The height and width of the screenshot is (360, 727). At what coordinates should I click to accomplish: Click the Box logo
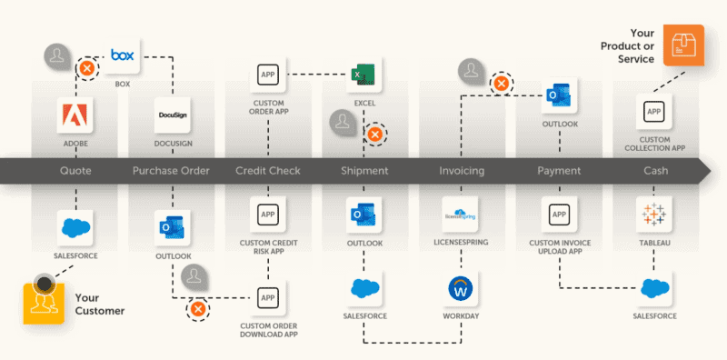(x=122, y=56)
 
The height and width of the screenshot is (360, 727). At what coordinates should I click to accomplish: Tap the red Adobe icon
(x=75, y=115)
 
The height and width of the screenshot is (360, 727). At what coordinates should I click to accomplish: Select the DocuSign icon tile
(x=172, y=115)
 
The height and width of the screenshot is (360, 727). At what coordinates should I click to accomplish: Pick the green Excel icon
(x=363, y=75)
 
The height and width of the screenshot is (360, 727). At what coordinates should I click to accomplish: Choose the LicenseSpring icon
(x=460, y=215)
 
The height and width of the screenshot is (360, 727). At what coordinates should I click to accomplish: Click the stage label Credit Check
(x=268, y=170)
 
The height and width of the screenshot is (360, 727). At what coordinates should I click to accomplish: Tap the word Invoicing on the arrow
(x=461, y=170)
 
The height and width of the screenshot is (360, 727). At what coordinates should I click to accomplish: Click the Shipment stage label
(x=364, y=170)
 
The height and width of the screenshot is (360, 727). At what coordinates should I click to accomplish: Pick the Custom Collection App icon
(x=653, y=113)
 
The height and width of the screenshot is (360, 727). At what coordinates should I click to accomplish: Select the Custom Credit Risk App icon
(x=268, y=215)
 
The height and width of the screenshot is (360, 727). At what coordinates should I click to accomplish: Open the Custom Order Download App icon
(x=268, y=298)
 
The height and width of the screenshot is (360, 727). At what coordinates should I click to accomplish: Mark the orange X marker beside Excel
(x=373, y=135)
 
